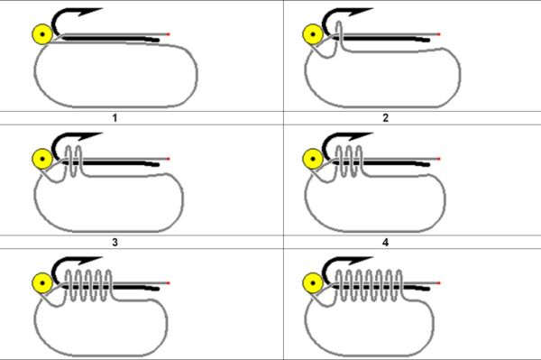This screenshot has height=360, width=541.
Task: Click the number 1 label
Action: click(115, 118)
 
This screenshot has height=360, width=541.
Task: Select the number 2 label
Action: click(385, 118)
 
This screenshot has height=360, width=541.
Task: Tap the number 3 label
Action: click(115, 243)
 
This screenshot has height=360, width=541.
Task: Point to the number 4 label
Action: click(385, 243)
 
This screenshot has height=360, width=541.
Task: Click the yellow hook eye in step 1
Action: click(42, 34)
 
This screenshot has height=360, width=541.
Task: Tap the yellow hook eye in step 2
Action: click(313, 34)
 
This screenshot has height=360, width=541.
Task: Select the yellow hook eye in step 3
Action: click(42, 159)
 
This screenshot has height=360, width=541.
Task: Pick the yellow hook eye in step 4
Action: click(313, 159)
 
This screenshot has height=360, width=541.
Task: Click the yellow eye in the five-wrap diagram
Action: click(42, 283)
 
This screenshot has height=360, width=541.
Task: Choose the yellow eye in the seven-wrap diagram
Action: click(313, 283)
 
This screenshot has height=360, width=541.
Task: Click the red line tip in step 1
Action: click(169, 34)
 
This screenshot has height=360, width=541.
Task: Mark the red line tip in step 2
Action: click(438, 34)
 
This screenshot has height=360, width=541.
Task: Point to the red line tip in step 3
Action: click(169, 159)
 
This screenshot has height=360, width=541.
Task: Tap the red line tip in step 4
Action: click(438, 159)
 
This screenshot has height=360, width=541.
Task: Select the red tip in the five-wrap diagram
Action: click(169, 283)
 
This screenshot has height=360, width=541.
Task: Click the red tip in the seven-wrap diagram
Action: click(438, 283)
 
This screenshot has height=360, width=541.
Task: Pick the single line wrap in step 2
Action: click(339, 36)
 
